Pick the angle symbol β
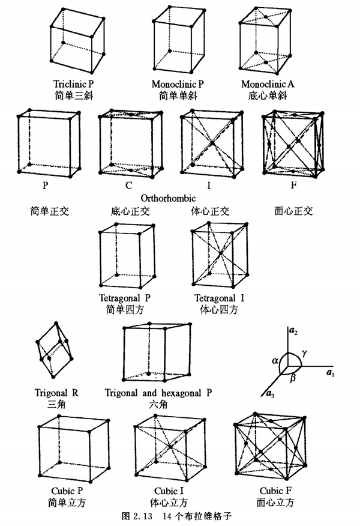point(292,380)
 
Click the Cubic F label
point(275,490)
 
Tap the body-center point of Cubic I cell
point(172,447)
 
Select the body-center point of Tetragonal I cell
point(221,255)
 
